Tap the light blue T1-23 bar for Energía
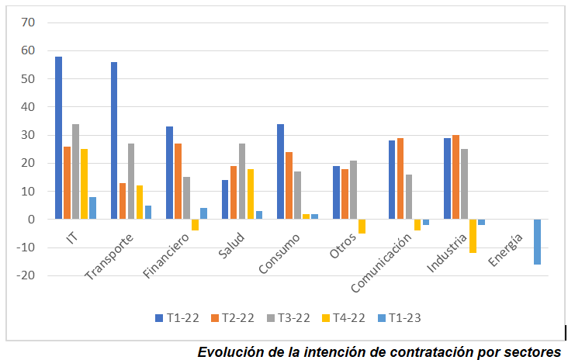[537, 242]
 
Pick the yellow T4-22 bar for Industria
[473, 236]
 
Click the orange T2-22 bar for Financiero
[178, 182]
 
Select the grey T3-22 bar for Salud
[242, 182]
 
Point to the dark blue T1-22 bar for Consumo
[280, 171]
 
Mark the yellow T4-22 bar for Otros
[362, 227]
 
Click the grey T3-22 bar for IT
[75, 171]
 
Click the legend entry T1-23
[400, 317]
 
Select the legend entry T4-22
[347, 317]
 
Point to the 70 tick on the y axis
[28, 22]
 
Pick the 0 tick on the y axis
[32, 220]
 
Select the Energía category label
[507, 249]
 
